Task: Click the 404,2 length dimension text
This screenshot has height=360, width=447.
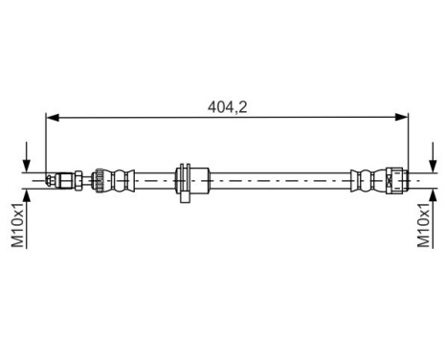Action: pos(228,107)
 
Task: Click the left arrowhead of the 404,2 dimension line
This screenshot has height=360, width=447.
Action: pos(53,118)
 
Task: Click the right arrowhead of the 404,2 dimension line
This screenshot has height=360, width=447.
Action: pos(402,118)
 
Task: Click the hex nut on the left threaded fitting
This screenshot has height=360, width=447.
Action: pos(65,179)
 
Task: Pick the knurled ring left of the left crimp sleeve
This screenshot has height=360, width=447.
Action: pos(97,179)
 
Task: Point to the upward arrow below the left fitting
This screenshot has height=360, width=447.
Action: pos(28,195)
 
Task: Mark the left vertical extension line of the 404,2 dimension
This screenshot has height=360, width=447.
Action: pos(46,144)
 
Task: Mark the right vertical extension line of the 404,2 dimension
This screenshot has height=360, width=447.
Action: pos(409,144)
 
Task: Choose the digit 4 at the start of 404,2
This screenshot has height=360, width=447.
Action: pos(212,107)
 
